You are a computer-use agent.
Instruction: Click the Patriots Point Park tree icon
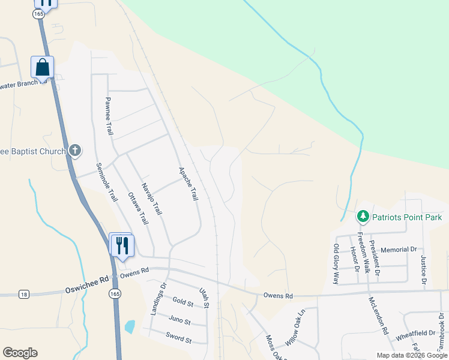pos(363,216)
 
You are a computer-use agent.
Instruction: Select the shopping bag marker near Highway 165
pos(43,67)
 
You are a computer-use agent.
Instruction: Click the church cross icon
pos(75,150)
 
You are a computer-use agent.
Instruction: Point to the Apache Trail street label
pos(188,184)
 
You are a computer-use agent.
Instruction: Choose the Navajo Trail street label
pos(152,199)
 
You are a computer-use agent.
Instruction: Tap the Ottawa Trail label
pos(138,208)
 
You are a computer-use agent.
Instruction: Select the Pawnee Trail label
pos(109,115)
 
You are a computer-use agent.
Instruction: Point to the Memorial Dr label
pos(399,249)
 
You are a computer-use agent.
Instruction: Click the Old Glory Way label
pos(336,264)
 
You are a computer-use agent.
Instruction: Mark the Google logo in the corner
pos(20,353)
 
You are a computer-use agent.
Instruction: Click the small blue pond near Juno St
pos(130,327)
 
